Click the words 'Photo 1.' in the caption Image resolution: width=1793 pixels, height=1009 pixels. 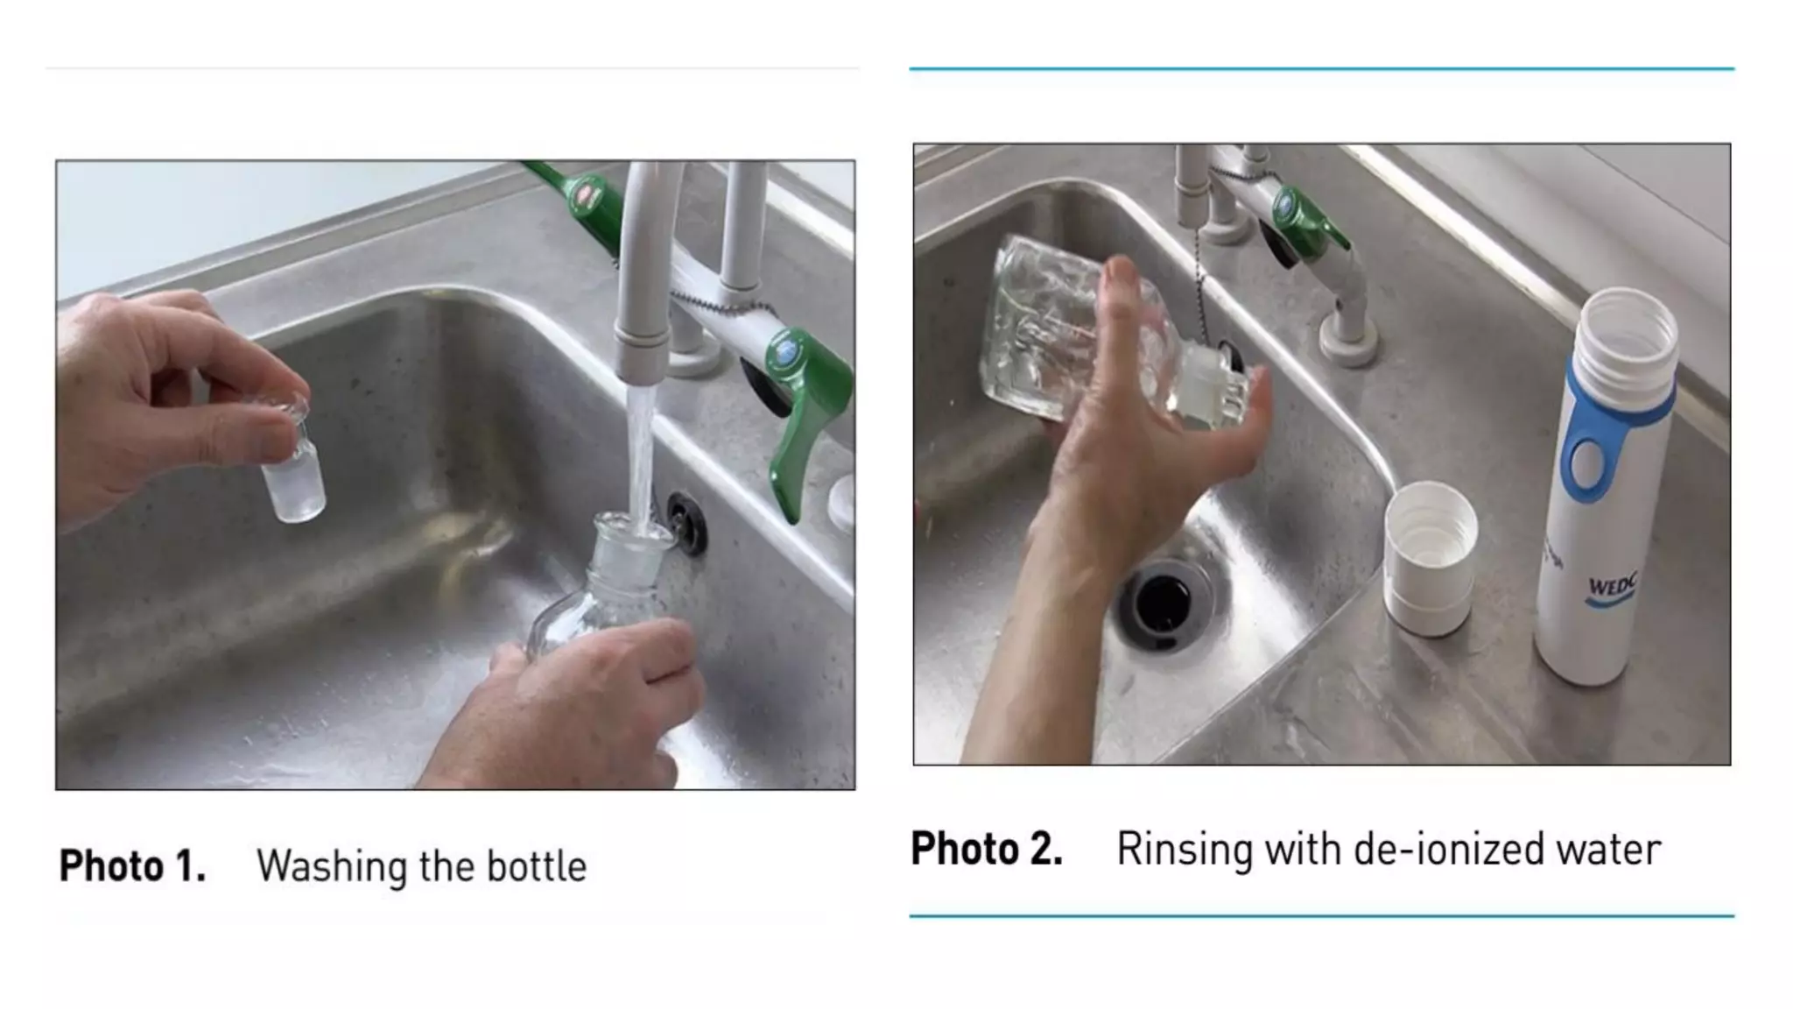[132, 866]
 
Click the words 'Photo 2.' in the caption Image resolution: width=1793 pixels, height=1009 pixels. [987, 849]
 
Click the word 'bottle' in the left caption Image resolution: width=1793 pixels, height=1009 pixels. [537, 866]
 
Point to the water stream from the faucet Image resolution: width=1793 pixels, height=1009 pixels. [641, 455]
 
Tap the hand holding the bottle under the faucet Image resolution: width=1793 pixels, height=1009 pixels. [587, 701]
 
